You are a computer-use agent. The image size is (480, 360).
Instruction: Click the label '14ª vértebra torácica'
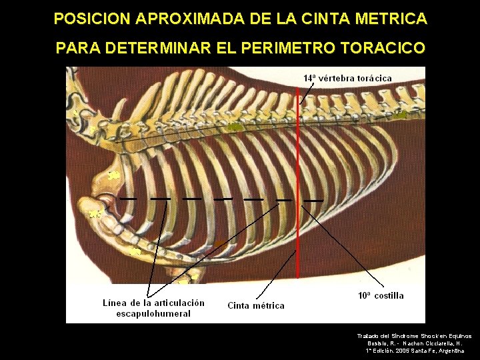[x=347, y=78]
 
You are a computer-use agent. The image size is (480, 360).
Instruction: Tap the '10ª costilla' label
[x=381, y=295]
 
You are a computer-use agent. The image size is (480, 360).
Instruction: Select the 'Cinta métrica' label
[x=256, y=306]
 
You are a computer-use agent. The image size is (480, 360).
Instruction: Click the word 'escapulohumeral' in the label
[x=153, y=313]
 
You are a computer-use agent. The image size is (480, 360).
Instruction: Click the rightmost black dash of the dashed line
[x=313, y=200]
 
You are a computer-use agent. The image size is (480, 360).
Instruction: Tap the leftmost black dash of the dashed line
[x=129, y=199]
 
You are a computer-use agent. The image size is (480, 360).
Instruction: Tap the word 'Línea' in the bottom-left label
[x=115, y=303]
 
